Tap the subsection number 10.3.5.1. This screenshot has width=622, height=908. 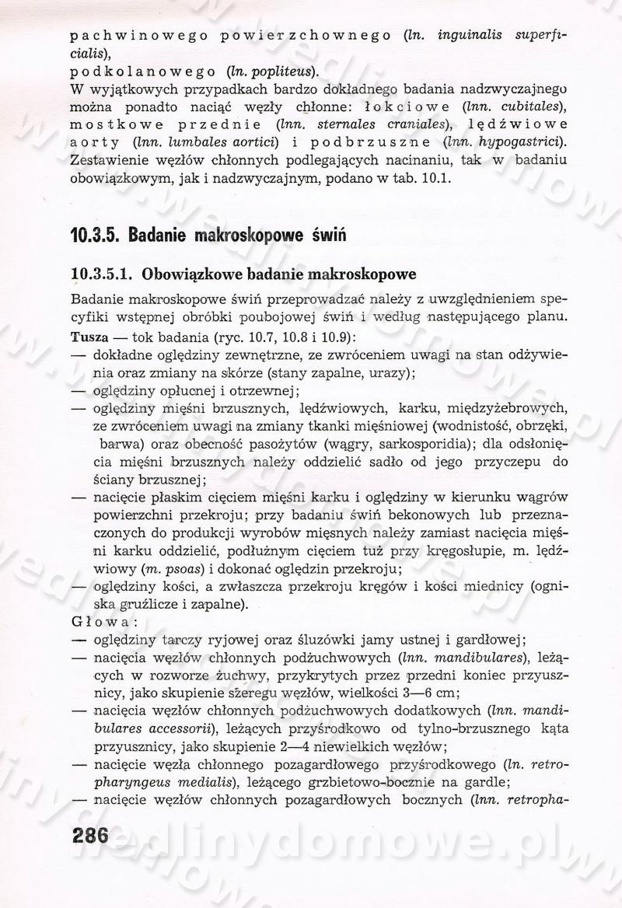[x=101, y=274]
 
